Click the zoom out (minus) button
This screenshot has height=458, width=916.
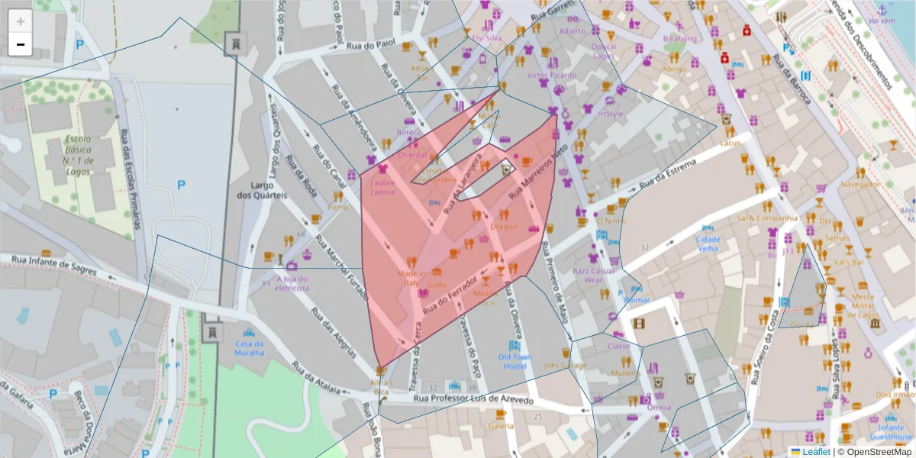[21, 45]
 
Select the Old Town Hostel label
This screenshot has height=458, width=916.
[514, 362]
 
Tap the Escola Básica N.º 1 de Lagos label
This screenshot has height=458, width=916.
[79, 156]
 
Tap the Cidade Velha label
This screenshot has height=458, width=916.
[708, 244]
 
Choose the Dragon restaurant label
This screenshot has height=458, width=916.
[504, 226]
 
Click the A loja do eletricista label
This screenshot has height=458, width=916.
[292, 284]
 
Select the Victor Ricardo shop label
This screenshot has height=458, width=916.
[552, 75]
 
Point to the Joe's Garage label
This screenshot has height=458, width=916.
[566, 366]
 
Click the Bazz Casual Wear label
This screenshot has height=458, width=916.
[593, 275]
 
